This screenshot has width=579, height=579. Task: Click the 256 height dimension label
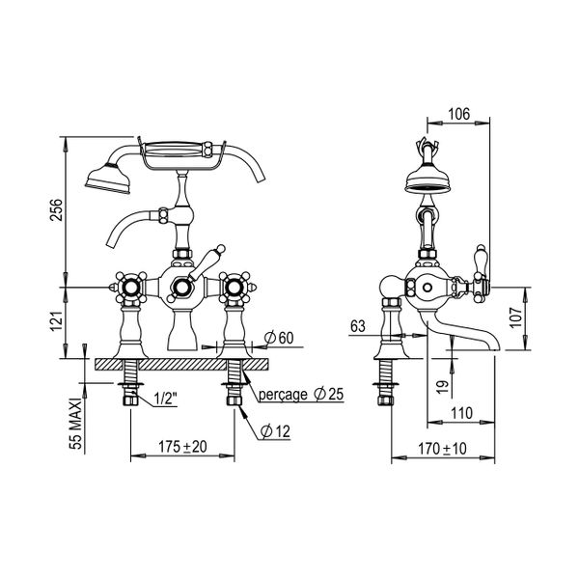[x=57, y=210]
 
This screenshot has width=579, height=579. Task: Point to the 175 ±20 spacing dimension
[x=181, y=447]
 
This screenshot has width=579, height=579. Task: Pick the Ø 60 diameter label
[x=280, y=338]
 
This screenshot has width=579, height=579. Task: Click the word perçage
[x=276, y=395]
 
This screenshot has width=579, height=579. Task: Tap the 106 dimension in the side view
[x=460, y=115]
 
